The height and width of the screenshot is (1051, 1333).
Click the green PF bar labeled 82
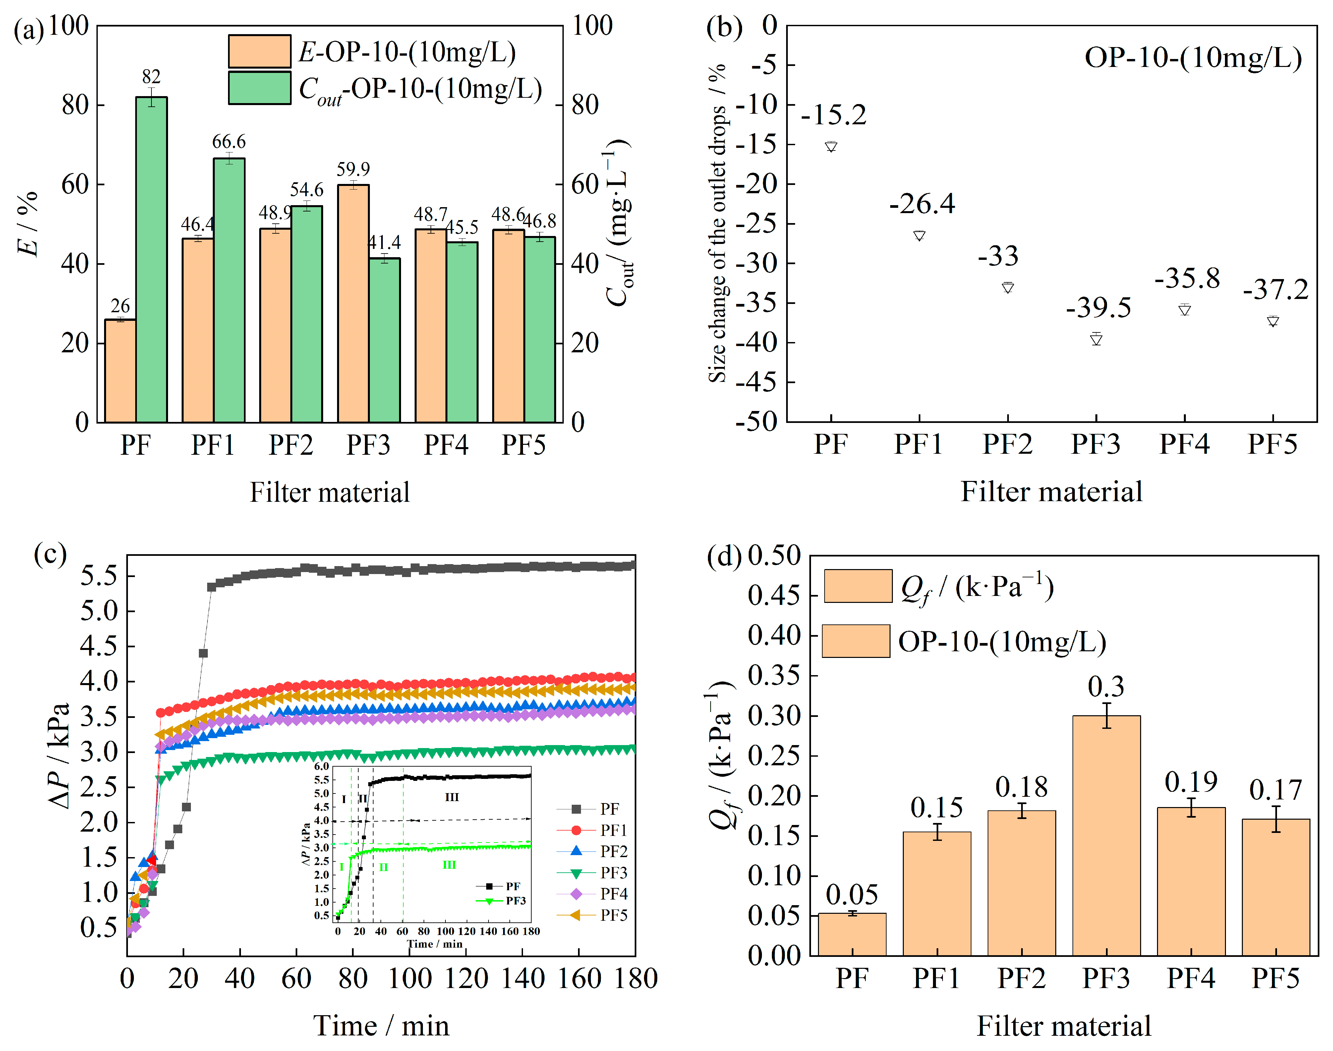click(151, 259)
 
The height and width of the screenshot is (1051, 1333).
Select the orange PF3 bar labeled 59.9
click(353, 303)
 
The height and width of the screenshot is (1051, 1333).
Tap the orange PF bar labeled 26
click(120, 371)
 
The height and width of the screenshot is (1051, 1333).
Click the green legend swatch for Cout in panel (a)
click(259, 88)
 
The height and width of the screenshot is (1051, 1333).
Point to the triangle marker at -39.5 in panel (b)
click(1096, 339)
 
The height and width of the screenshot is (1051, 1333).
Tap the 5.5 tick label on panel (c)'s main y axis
click(98, 576)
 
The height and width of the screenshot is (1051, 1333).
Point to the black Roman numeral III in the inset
click(451, 797)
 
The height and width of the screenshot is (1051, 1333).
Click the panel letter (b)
click(724, 28)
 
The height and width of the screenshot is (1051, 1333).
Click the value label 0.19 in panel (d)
click(1191, 782)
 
